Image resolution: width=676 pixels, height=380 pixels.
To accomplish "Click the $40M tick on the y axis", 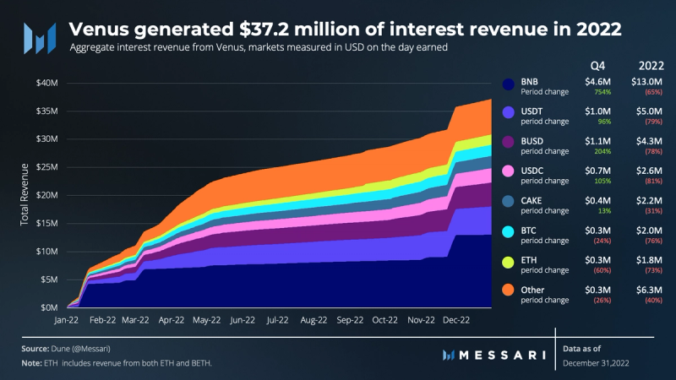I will (46, 83).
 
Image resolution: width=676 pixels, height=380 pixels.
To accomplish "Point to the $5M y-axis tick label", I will (48, 280).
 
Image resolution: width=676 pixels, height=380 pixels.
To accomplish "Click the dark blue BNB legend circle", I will (508, 84).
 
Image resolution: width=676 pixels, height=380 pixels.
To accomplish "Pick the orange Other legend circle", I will (508, 290).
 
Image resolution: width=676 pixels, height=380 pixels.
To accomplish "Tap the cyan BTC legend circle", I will (508, 231).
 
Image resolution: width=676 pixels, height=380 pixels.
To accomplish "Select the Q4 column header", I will (597, 64).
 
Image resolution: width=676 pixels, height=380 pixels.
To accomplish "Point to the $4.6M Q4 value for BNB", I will (597, 80).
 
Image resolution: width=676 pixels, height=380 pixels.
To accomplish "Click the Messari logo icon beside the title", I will (39, 36).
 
